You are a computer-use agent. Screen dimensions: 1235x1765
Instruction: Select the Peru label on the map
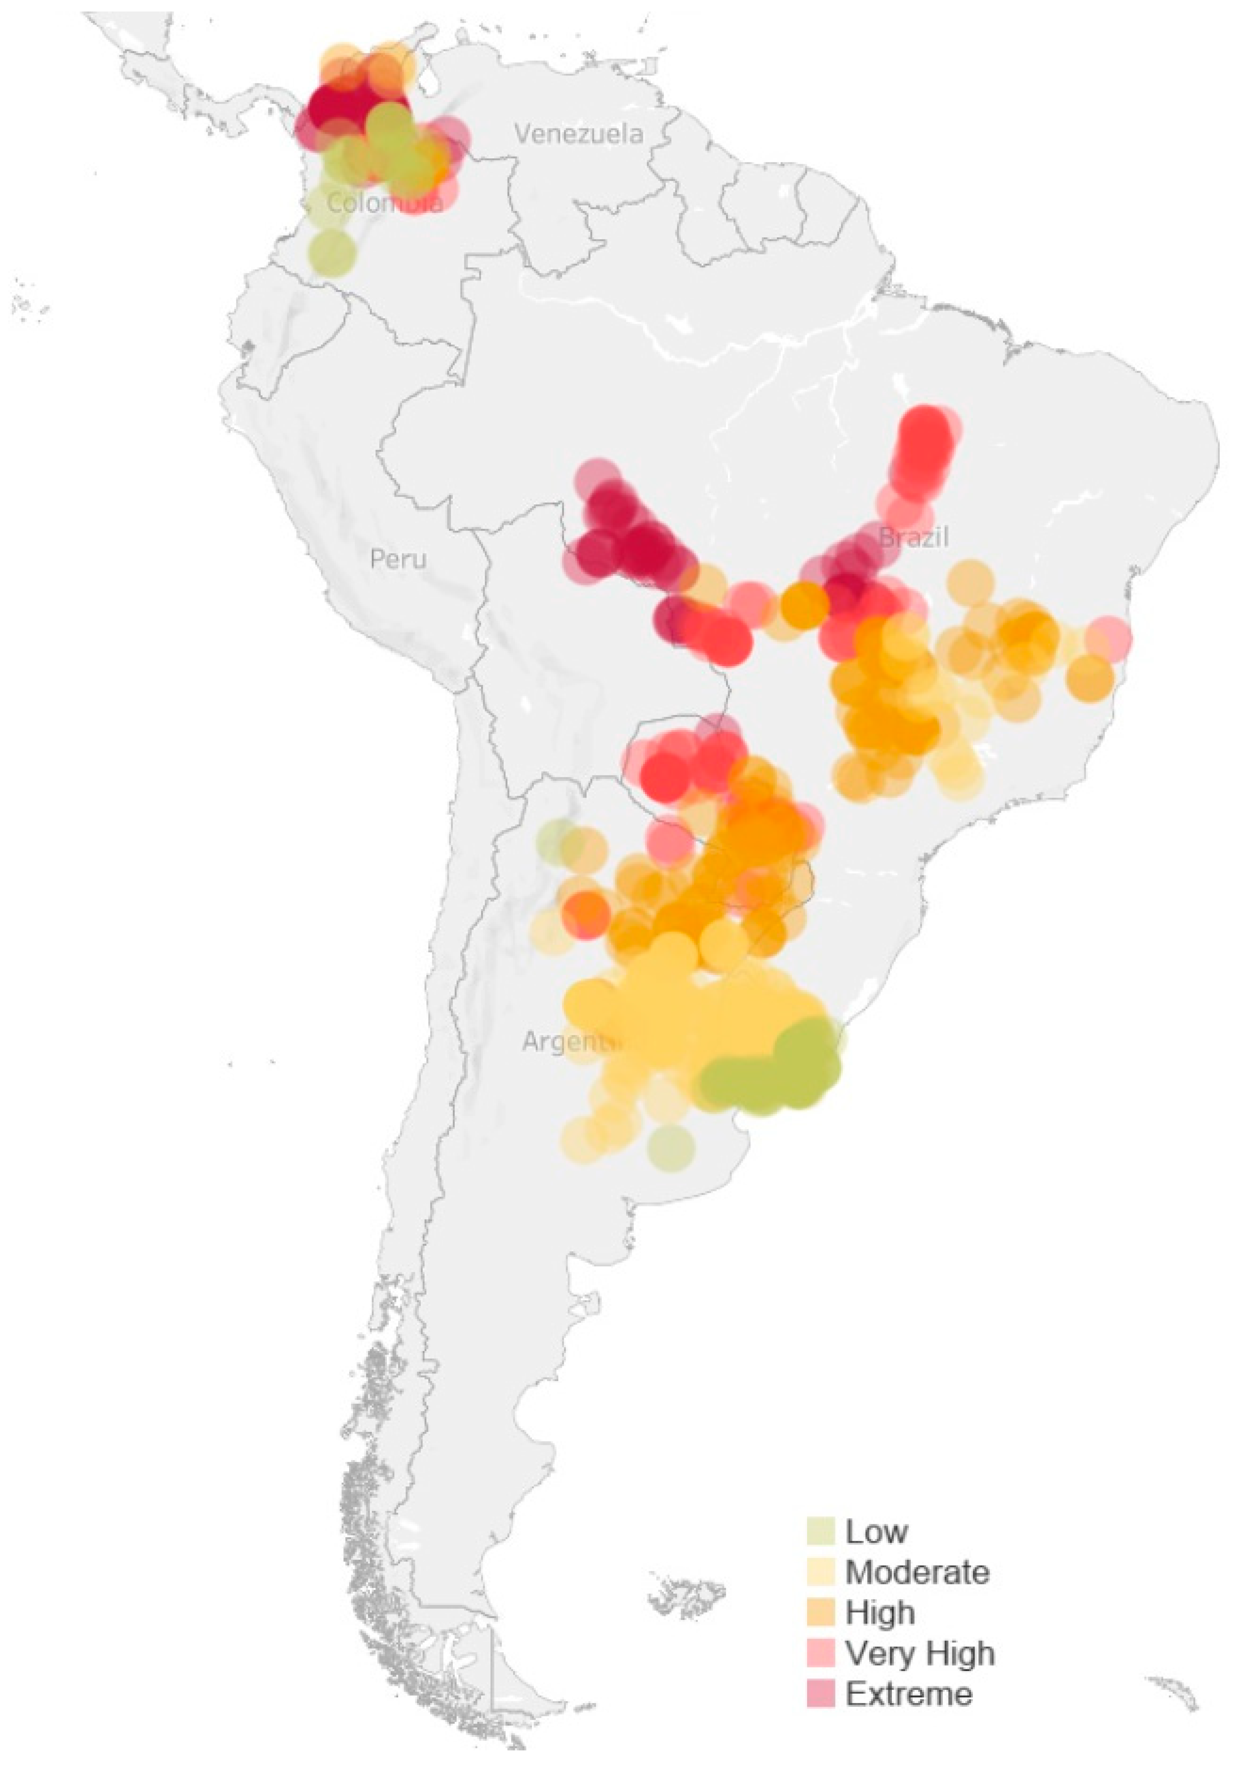tap(398, 559)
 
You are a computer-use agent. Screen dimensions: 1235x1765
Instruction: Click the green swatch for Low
tap(820, 1530)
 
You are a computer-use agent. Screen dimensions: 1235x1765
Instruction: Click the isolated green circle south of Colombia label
tap(331, 251)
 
